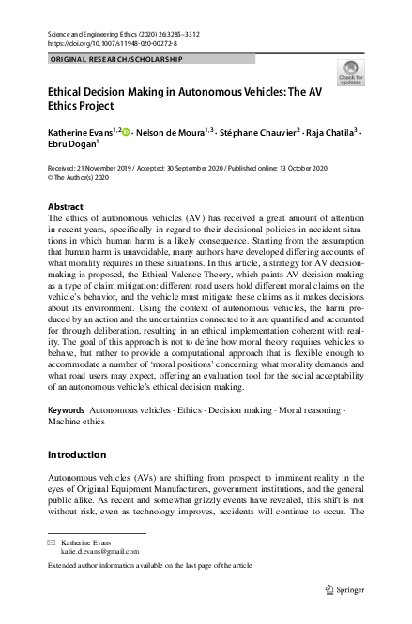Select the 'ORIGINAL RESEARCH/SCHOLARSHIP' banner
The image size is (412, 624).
point(114,59)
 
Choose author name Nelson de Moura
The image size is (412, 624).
point(173,134)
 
